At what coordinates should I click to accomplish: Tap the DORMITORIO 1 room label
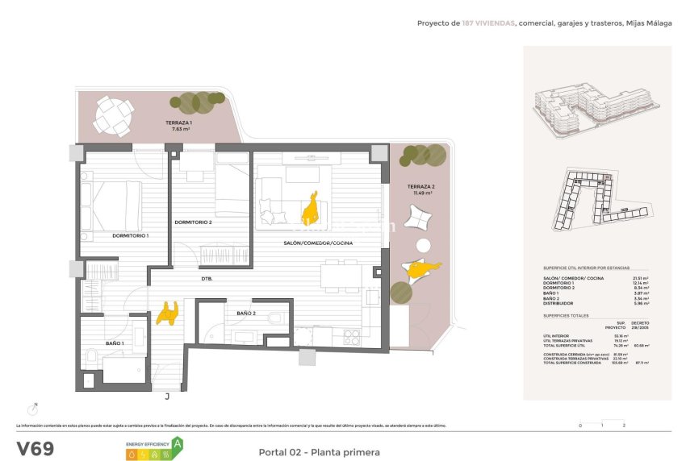[x=130, y=235]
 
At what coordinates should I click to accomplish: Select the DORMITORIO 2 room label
[x=193, y=222]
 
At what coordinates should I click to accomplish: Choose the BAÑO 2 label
[x=246, y=313]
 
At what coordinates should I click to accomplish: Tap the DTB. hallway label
[x=207, y=279]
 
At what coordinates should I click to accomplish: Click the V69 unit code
[x=36, y=448]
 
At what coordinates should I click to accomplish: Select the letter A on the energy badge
[x=177, y=442]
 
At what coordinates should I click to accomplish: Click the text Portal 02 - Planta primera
[x=319, y=452]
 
